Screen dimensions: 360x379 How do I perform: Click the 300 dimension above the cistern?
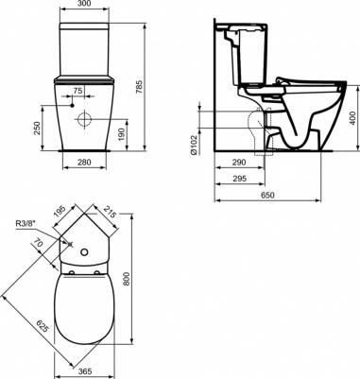pos(84,4)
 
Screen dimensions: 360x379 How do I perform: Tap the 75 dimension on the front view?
pos(78,91)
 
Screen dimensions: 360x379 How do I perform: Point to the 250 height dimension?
pos(38,129)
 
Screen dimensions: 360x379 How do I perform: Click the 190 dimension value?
pos(122,135)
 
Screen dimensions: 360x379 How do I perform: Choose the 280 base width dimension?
pos(84,163)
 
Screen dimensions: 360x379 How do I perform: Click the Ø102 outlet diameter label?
pos(194,145)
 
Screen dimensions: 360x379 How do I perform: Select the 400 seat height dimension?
pos(352,118)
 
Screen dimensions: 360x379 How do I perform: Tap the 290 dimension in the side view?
pos(239,163)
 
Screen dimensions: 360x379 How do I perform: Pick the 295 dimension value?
pos(239,179)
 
